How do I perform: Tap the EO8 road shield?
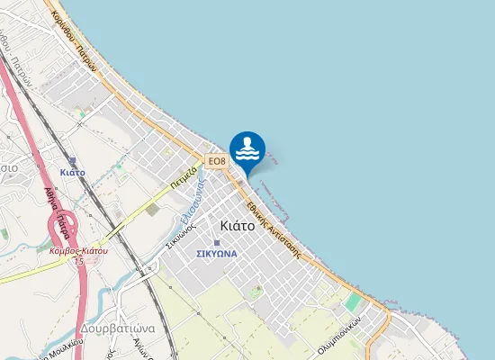[x=217, y=161]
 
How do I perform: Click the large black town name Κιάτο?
[x=237, y=226]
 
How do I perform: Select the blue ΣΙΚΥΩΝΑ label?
[x=217, y=254]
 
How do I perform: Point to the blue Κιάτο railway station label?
[x=72, y=171]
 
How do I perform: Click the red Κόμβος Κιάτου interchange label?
[x=78, y=250]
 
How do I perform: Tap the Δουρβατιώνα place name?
[x=116, y=328]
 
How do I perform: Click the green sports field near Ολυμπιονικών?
[x=354, y=302]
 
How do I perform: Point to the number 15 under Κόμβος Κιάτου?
[x=79, y=260]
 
